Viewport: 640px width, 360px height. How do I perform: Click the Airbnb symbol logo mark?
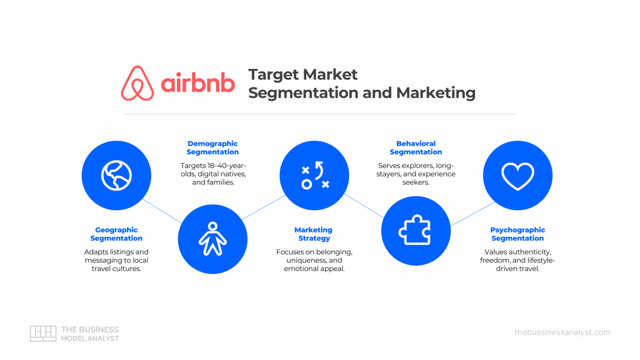pyautogui.click(x=137, y=83)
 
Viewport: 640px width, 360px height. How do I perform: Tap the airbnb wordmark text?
pyautogui.click(x=197, y=83)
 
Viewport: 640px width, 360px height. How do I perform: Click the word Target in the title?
pyautogui.click(x=273, y=75)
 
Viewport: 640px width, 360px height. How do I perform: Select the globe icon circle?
pyautogui.click(x=116, y=175)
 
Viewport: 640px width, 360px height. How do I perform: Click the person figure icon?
pyautogui.click(x=212, y=239)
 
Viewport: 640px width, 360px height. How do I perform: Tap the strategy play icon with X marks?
pyautogui.click(x=315, y=175)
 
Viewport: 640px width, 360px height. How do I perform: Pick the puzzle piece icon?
pyautogui.click(x=415, y=230)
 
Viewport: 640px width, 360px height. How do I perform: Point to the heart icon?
pyautogui.click(x=517, y=175)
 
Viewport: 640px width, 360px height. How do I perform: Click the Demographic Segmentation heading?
pyautogui.click(x=212, y=148)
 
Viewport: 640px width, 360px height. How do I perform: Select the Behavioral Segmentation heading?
pyautogui.click(x=416, y=148)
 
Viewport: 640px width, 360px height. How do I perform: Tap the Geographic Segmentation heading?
pyautogui.click(x=116, y=234)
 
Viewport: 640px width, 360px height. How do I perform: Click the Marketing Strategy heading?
pyautogui.click(x=314, y=234)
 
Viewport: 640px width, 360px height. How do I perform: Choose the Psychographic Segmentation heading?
pyautogui.click(x=517, y=234)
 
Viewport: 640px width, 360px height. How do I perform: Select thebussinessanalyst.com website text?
pyautogui.click(x=562, y=332)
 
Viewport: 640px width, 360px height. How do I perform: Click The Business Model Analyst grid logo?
pyautogui.click(x=43, y=334)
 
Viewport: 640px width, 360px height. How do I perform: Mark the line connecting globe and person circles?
pyautogui.click(x=162, y=211)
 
